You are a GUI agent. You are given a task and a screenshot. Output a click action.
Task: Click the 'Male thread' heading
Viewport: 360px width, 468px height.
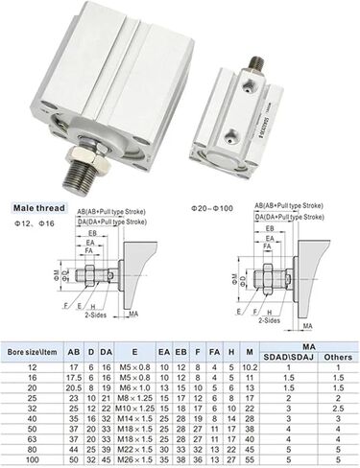[37, 204]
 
